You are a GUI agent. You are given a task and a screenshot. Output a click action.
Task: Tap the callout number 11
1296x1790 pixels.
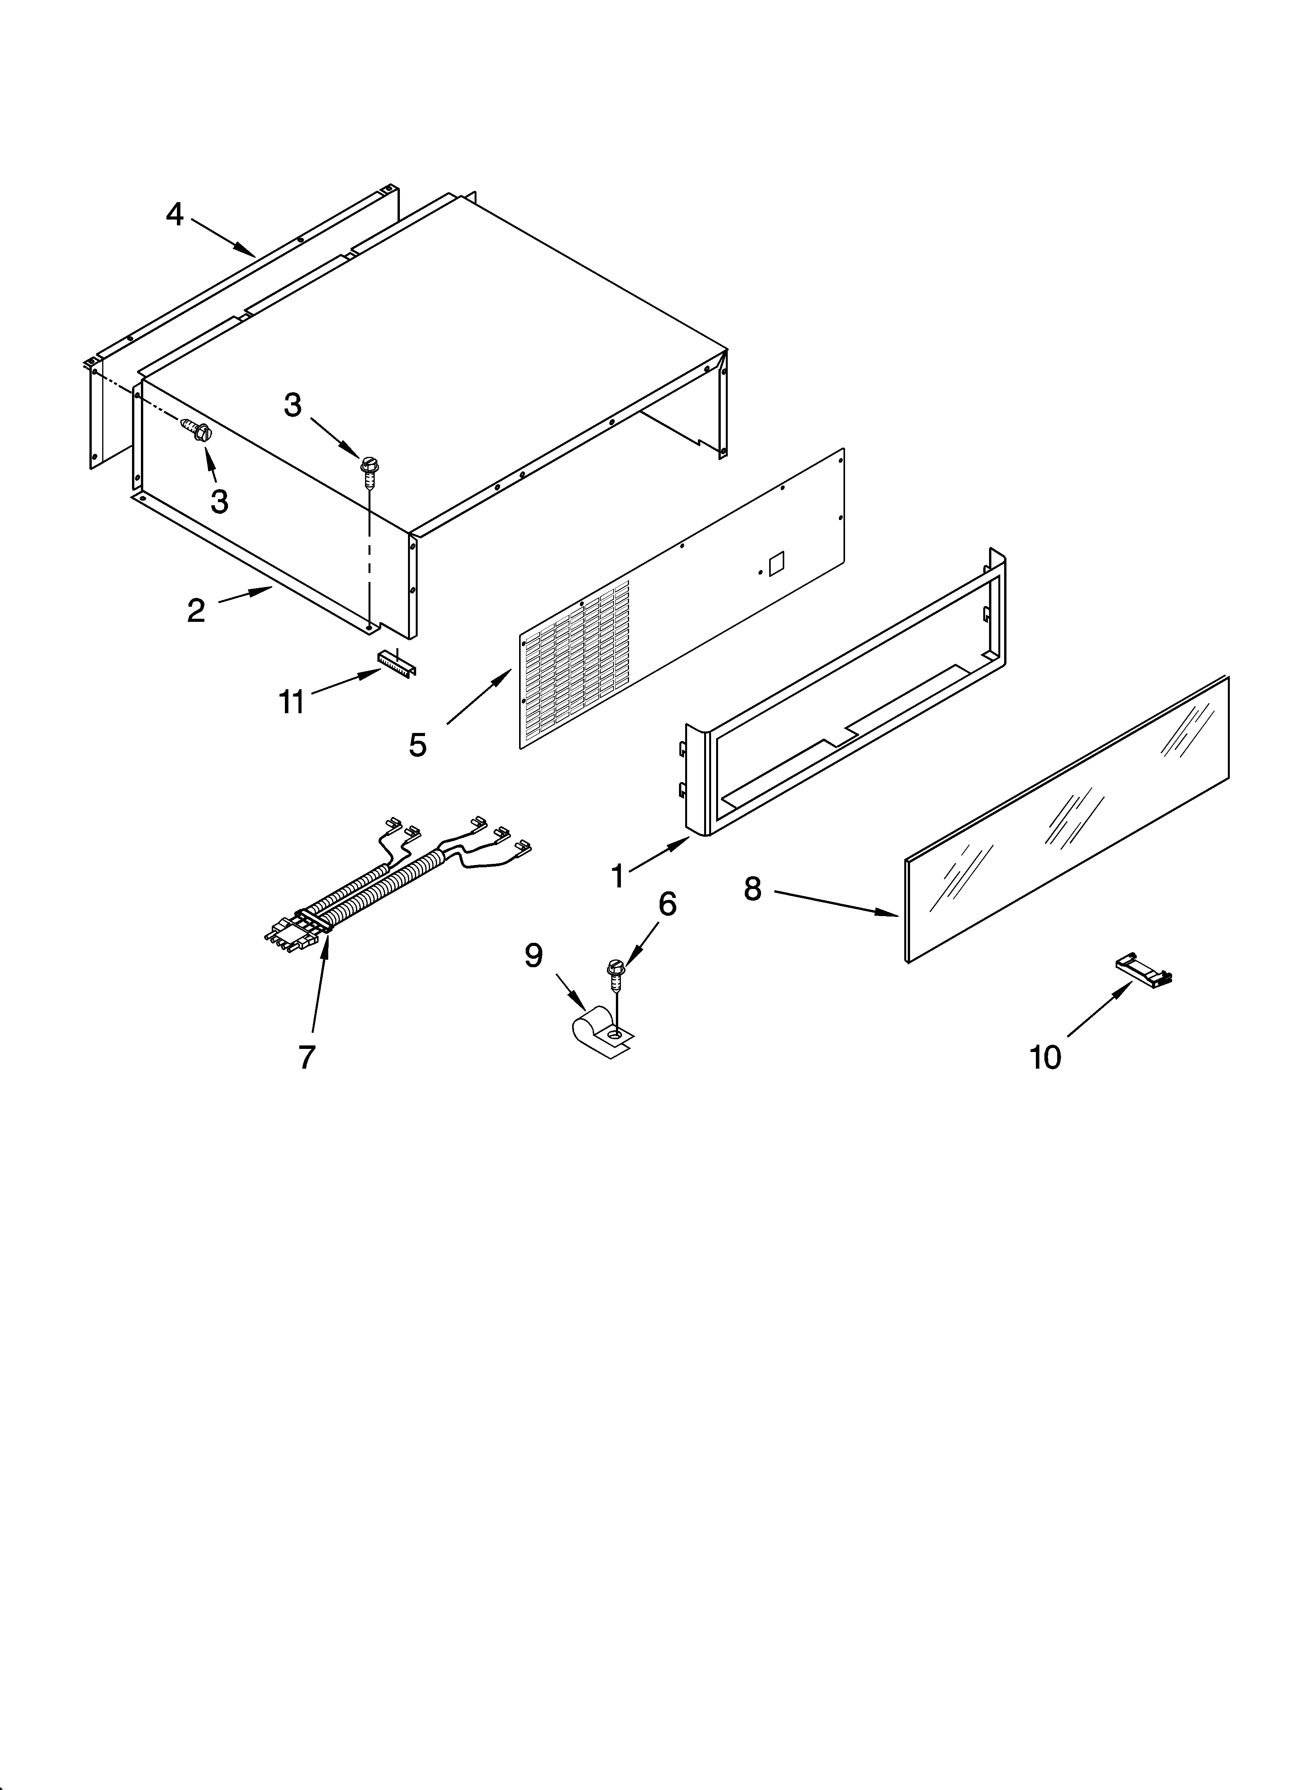click(x=291, y=702)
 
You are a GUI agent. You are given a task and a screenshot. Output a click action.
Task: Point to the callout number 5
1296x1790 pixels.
click(x=418, y=744)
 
